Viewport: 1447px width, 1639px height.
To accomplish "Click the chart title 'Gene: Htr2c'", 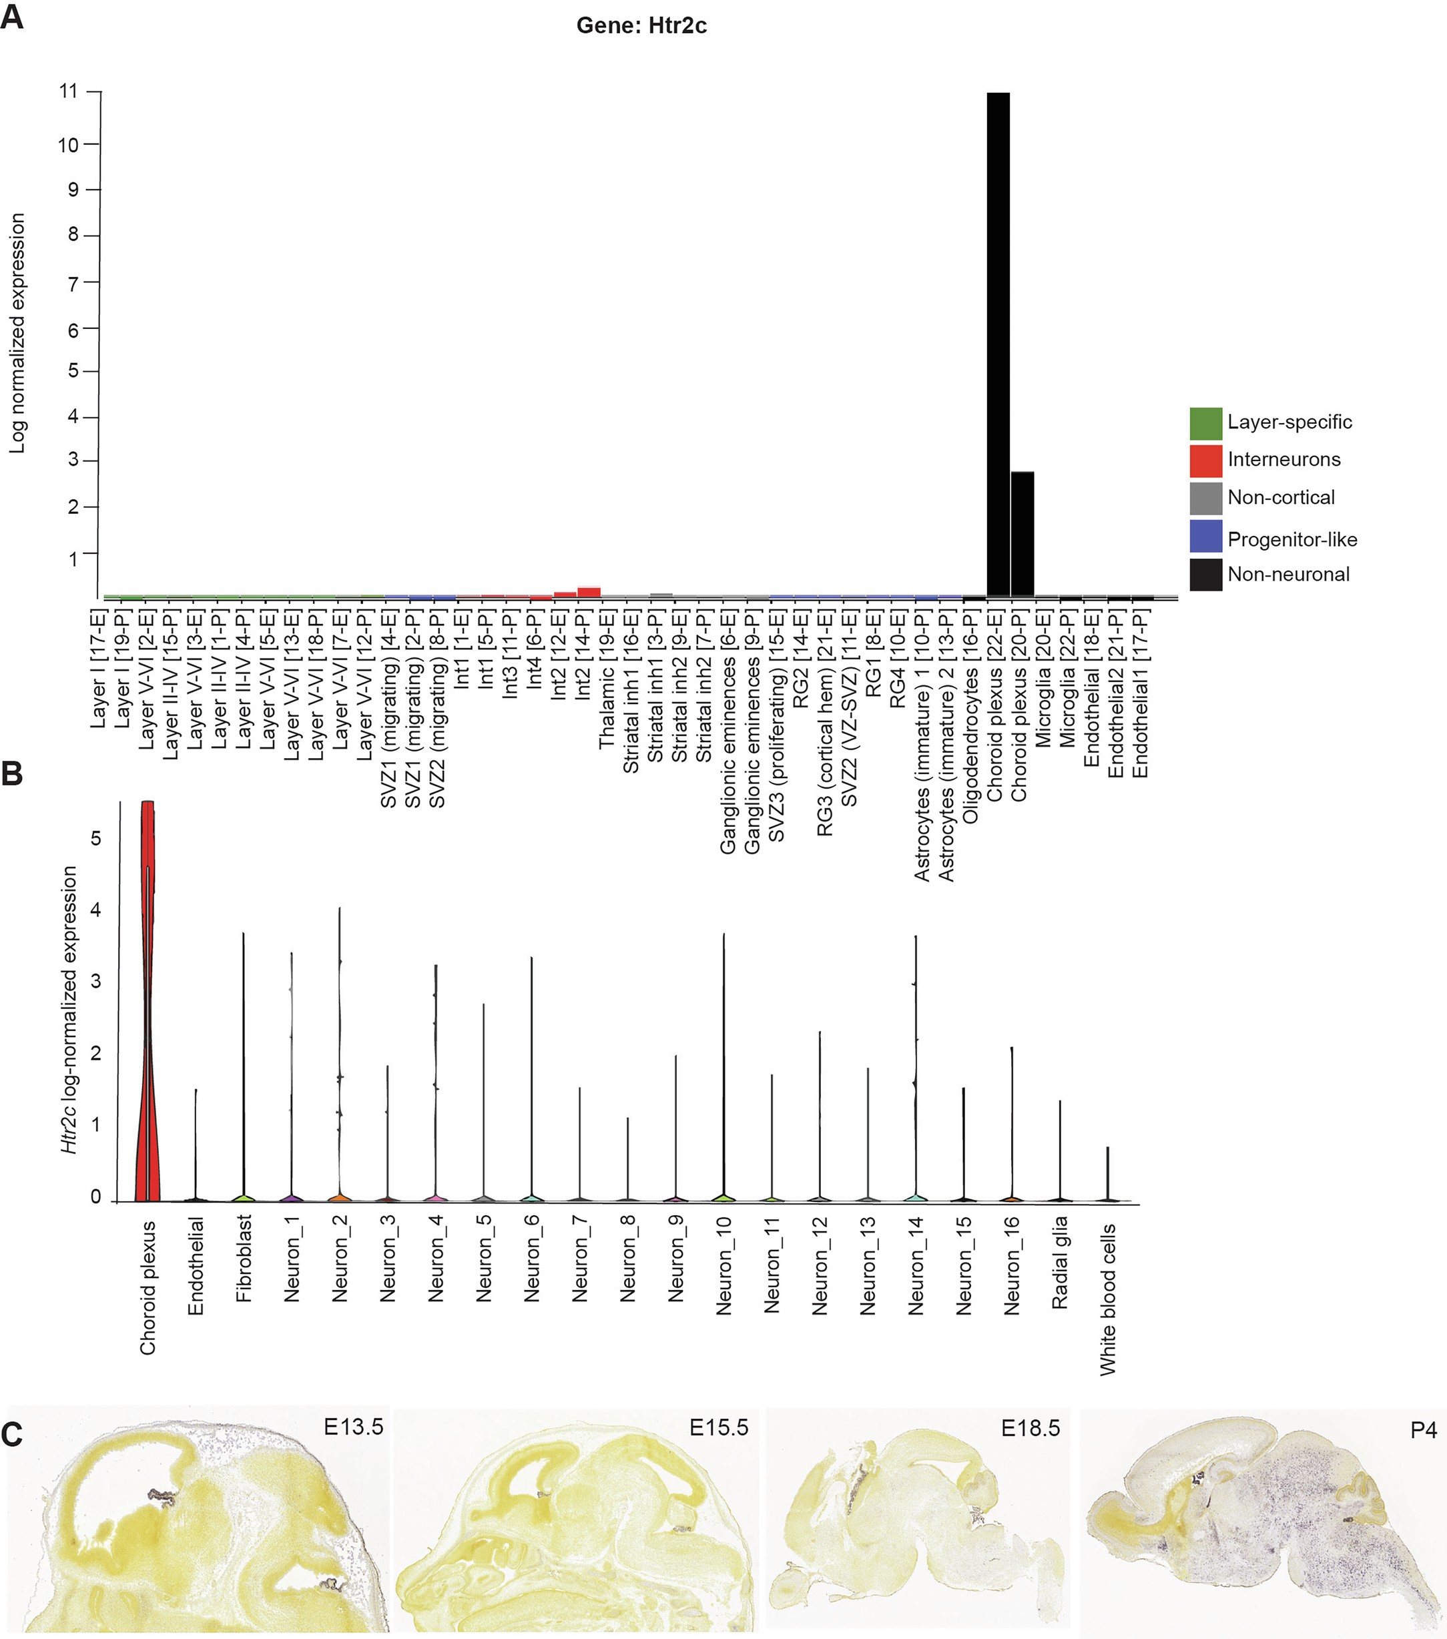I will pyautogui.click(x=641, y=25).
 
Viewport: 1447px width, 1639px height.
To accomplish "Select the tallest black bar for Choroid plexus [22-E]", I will pyautogui.click(x=998, y=345).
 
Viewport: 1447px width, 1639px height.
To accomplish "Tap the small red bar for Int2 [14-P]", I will pyautogui.click(x=589, y=593).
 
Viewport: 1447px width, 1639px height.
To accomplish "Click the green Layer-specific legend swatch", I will pyautogui.click(x=1205, y=423).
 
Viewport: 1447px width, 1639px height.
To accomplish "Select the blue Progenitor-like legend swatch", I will pyautogui.click(x=1205, y=537).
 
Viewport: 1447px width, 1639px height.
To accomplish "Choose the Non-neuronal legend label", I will pyautogui.click(x=1288, y=574).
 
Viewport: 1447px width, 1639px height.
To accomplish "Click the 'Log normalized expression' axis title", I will pyautogui.click(x=17, y=333).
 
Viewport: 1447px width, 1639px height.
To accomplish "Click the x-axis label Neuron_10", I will pyautogui.click(x=724, y=1265).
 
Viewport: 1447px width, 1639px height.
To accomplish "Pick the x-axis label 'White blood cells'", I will pyautogui.click(x=1108, y=1299).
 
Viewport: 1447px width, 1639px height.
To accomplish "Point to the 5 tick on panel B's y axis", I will pyautogui.click(x=96, y=839).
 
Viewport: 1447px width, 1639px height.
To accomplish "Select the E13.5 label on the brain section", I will pyautogui.click(x=353, y=1427).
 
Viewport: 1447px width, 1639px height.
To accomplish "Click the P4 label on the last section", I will pyautogui.click(x=1424, y=1429).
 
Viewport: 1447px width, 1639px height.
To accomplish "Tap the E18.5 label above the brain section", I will pyautogui.click(x=1030, y=1427).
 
